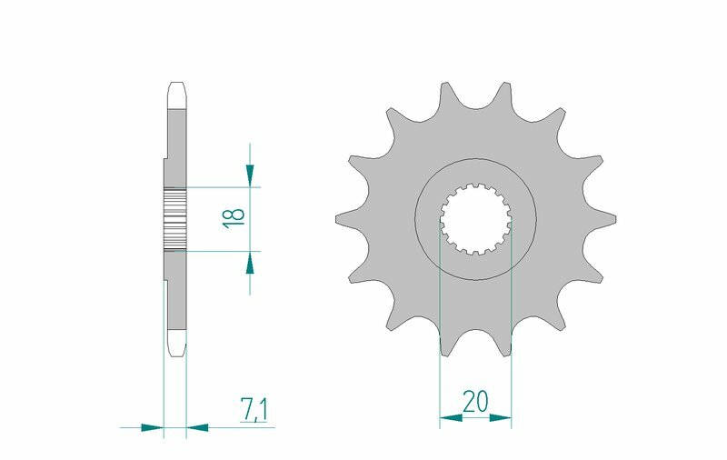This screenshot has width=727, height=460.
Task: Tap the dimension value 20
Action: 473,401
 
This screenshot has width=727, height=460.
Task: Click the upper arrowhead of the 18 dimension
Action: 250,175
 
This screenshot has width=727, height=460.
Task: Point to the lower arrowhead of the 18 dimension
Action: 250,263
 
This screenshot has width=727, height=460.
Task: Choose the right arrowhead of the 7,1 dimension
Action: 197,425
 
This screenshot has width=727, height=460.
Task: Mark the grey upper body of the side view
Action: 176,136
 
